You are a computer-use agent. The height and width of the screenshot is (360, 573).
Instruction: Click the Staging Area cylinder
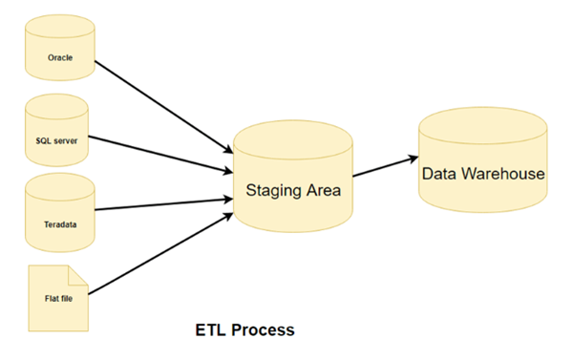pyautogui.click(x=293, y=178)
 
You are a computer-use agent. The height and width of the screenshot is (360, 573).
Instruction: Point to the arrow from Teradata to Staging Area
pyautogui.click(x=162, y=204)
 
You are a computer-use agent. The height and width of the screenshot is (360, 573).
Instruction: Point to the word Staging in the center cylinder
pyautogui.click(x=273, y=189)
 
